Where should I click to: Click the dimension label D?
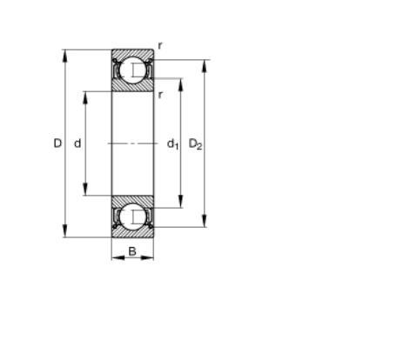point(57,143)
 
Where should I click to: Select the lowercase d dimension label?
point(77,143)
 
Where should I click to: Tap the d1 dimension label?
point(172,144)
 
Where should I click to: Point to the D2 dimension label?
point(195,144)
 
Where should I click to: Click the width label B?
point(132,251)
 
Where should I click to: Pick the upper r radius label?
point(160,45)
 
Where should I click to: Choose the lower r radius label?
point(160,95)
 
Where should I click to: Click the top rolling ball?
point(132,70)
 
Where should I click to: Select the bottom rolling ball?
point(132,217)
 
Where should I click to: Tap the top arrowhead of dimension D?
point(65,56)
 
